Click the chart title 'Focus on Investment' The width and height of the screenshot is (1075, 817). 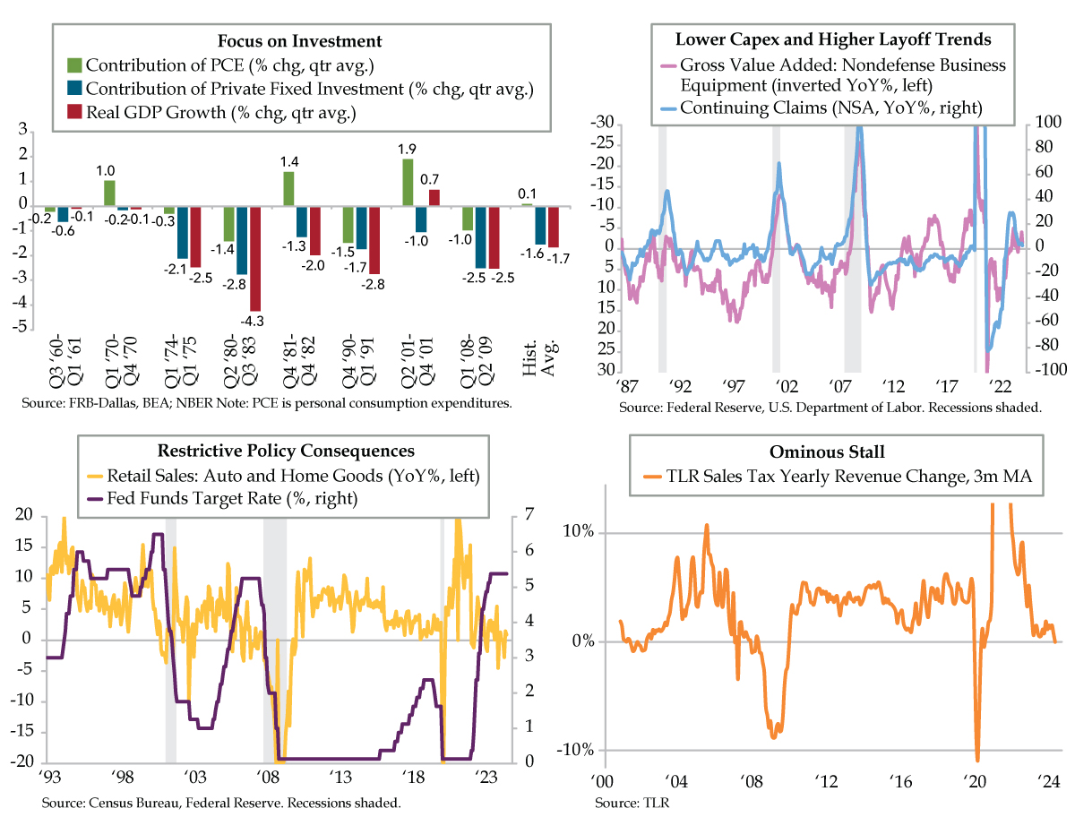coord(300,41)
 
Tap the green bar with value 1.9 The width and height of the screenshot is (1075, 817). coord(408,182)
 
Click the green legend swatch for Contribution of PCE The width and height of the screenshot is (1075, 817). coord(75,65)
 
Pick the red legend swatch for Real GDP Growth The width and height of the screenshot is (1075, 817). coord(75,112)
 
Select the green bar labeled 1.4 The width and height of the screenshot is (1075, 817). coord(288,188)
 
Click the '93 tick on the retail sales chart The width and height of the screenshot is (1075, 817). coord(50,775)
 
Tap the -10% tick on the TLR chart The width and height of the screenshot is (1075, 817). coord(574,750)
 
